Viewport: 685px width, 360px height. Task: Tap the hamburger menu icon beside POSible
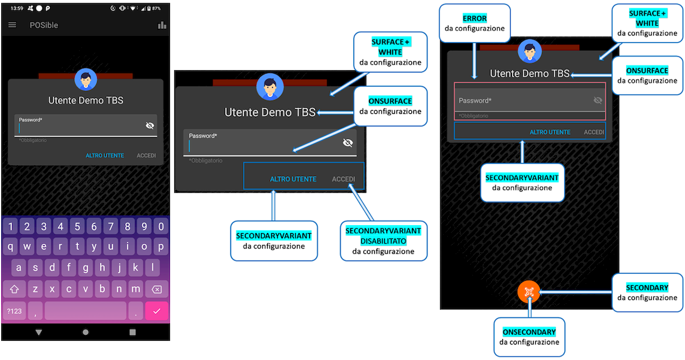[x=13, y=25]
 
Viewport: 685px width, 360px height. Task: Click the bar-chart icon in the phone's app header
[x=162, y=25]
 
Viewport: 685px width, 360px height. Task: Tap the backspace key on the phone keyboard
[x=156, y=289]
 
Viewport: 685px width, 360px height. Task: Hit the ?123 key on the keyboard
[x=14, y=311]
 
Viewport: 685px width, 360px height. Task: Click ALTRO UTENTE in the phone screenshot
[x=105, y=156]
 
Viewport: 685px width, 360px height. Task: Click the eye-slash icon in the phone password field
[x=150, y=125]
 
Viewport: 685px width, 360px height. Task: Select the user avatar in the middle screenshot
[x=269, y=86]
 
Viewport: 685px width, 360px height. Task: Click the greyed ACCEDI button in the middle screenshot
[x=344, y=179]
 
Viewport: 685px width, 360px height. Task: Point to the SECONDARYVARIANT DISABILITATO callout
[x=383, y=241]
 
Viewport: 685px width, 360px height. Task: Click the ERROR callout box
[x=475, y=23]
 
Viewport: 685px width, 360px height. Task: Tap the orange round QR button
[x=529, y=292]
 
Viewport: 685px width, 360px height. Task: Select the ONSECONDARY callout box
[x=529, y=337]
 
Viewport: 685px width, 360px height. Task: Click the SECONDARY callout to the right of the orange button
[x=647, y=292]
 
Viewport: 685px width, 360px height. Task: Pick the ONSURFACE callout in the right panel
[x=647, y=75]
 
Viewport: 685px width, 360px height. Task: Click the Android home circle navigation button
[x=86, y=332]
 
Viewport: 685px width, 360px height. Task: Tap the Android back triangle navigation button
[x=39, y=332]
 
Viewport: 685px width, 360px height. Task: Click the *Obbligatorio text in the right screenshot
[x=474, y=116]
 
